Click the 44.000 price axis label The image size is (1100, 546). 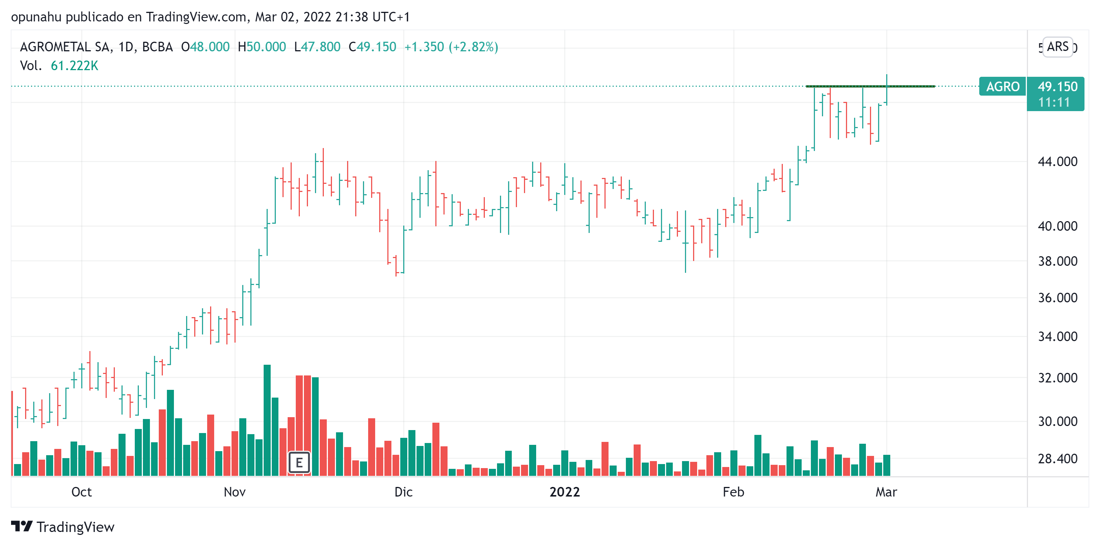(1057, 162)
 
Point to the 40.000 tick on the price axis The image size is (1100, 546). (1057, 226)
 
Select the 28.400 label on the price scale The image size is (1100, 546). (1057, 459)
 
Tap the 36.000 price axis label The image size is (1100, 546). (1057, 298)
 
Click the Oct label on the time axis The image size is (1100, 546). (81, 492)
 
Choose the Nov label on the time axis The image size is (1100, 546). (234, 492)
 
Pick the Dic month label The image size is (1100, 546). (403, 492)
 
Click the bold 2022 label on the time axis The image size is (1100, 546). (565, 492)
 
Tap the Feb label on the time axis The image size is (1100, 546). (733, 492)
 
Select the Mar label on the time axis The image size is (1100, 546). (886, 492)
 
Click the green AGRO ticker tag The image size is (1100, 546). (1002, 87)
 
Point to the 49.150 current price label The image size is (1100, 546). (1057, 87)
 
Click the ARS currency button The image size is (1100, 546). (1057, 47)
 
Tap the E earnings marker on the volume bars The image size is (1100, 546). (299, 462)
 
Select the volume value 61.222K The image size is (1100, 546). (74, 66)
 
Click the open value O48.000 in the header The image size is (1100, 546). (205, 47)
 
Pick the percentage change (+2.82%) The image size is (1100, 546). (473, 47)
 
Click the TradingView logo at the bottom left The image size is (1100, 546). (63, 527)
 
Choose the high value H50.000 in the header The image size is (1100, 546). (262, 47)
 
